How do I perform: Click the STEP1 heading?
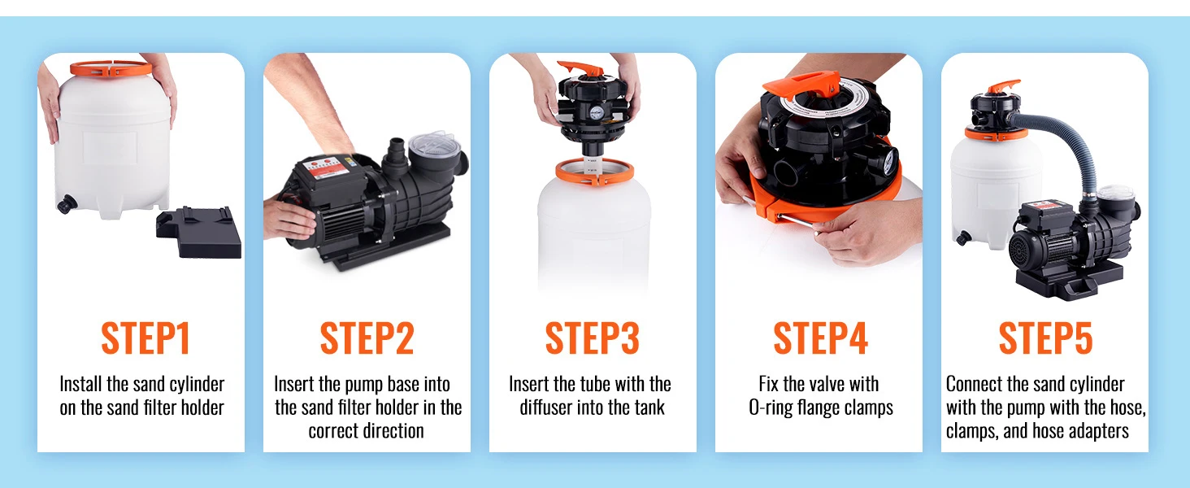coord(145,338)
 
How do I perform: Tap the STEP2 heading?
coord(367,338)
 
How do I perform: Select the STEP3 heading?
coord(593,338)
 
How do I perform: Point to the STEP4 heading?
coord(820,338)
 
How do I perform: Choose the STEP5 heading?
coord(1045,338)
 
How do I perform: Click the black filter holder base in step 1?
coord(199,233)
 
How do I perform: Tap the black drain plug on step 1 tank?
coord(66,204)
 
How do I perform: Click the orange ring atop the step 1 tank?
coord(111,68)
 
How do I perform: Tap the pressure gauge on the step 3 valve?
coord(596,112)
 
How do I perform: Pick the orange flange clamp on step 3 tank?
coord(595,172)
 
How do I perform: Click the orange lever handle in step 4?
coord(802,85)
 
